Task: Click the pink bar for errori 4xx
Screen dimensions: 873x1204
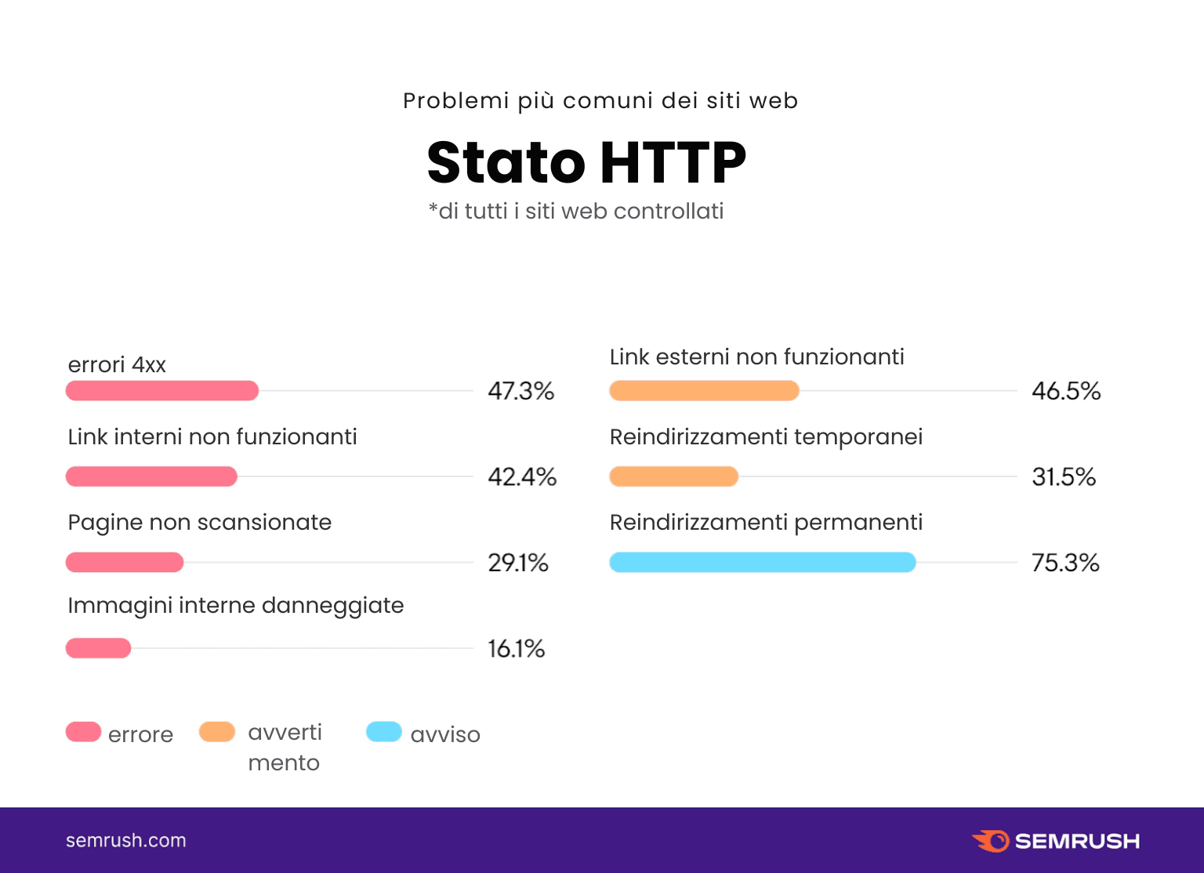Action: [162, 390]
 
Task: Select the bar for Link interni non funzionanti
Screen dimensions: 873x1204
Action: [151, 476]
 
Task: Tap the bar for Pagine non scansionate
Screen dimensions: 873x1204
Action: [125, 562]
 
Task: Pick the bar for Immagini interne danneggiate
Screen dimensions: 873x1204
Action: [98, 648]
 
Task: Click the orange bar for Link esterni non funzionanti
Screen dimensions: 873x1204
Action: [704, 390]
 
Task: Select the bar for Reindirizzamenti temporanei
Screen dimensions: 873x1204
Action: [674, 476]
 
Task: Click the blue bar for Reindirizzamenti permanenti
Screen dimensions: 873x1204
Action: [763, 562]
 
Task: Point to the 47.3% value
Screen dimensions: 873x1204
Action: [520, 390]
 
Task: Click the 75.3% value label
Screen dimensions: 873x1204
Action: [1065, 563]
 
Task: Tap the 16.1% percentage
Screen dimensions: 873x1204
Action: [516, 648]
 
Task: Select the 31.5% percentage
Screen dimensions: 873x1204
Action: [1064, 476]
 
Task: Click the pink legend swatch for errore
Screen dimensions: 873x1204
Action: [83, 732]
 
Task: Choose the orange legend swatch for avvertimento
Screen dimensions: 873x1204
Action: [217, 732]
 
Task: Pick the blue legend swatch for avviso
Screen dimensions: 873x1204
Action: [384, 732]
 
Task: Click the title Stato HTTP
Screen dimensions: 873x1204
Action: [586, 162]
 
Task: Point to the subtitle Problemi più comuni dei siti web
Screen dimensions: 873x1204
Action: [600, 100]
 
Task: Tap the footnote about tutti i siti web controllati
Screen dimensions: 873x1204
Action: [576, 211]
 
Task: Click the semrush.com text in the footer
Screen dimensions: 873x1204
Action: [126, 840]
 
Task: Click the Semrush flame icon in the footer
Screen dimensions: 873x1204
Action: [992, 841]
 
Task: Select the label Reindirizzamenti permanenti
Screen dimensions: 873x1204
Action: [766, 522]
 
